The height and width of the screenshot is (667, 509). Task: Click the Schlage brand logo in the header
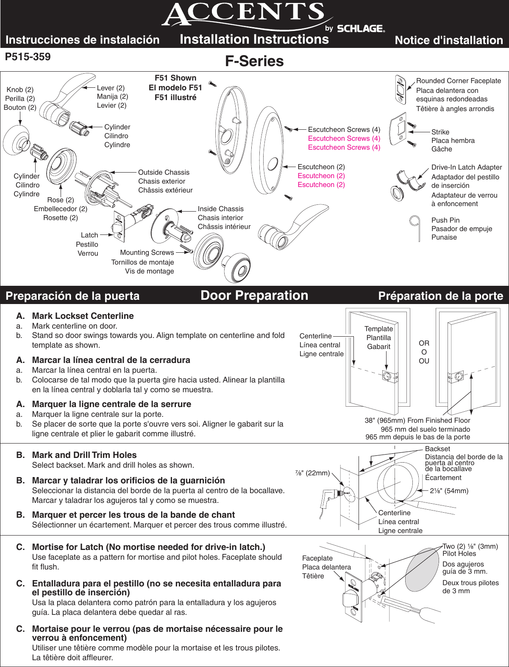[x=361, y=28]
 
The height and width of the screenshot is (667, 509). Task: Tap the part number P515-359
[x=28, y=57]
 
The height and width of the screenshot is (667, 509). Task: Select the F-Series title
[x=254, y=61]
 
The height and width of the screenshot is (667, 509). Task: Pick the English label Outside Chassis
[x=164, y=172]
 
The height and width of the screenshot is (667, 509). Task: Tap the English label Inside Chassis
[x=220, y=209]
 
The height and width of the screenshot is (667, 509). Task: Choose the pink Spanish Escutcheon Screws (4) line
[x=344, y=138]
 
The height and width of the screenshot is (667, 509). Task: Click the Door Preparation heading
[x=254, y=296]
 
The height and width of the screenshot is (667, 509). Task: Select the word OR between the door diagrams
[x=424, y=343]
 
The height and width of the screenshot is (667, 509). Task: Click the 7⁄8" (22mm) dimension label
[x=312, y=473]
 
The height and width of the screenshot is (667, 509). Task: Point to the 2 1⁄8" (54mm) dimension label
[x=449, y=491]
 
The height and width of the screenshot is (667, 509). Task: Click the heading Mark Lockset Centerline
[x=83, y=316]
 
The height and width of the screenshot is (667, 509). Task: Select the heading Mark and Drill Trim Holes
[x=84, y=455]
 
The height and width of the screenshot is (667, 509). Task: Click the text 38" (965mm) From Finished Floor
[x=417, y=420]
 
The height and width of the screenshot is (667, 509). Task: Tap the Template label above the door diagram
[x=378, y=329]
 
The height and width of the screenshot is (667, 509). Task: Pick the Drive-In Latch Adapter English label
[x=466, y=167]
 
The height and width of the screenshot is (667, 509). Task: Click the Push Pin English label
[x=445, y=220]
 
